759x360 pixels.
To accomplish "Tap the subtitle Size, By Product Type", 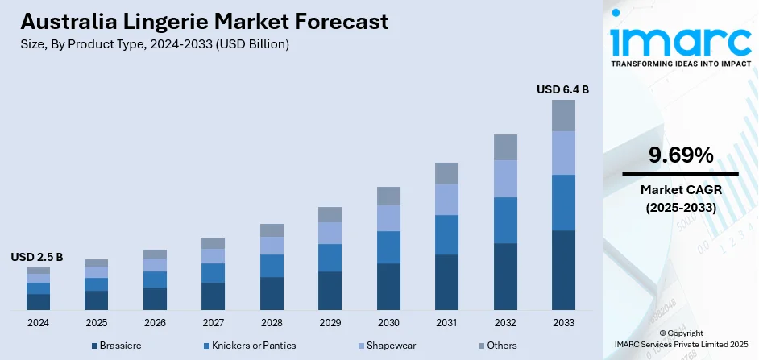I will (154, 44).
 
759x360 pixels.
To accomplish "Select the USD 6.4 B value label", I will (562, 89).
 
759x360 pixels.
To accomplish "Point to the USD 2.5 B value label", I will (37, 257).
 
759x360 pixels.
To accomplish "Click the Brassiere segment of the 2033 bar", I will (563, 270).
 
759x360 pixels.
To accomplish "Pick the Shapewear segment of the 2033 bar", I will (563, 153).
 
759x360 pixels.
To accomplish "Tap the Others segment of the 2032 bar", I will (505, 147).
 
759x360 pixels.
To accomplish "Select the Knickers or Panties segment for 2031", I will (446, 234).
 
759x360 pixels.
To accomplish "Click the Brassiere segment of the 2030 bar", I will (388, 286).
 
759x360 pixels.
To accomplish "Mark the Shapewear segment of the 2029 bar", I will (330, 233).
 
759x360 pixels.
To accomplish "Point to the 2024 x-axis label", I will (38, 322).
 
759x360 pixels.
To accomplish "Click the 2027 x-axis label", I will (213, 322).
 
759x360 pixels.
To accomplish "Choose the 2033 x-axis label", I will (563, 322).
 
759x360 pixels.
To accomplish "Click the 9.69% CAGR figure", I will (680, 155).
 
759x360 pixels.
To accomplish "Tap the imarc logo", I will (680, 40).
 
